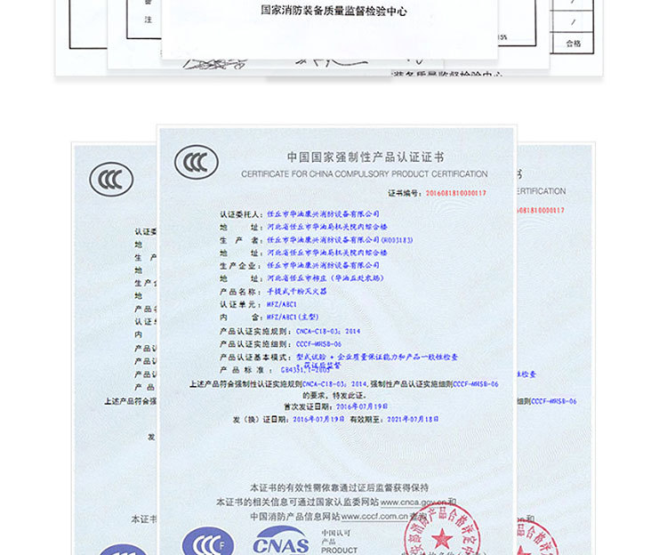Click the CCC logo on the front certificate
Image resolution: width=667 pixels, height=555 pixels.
(197, 163)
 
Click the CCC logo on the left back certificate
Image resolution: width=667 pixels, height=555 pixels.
(111, 181)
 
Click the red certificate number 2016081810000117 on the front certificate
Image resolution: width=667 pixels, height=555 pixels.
(456, 192)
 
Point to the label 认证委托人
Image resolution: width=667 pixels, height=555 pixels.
(239, 214)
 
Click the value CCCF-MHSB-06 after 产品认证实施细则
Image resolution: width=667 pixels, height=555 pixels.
(319, 343)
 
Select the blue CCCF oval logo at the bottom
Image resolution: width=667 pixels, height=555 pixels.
(207, 541)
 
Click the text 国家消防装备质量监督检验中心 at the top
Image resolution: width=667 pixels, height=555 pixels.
(333, 12)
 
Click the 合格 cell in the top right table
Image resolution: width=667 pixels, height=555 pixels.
(574, 43)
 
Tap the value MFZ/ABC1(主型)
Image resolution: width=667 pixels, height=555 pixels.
(299, 317)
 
